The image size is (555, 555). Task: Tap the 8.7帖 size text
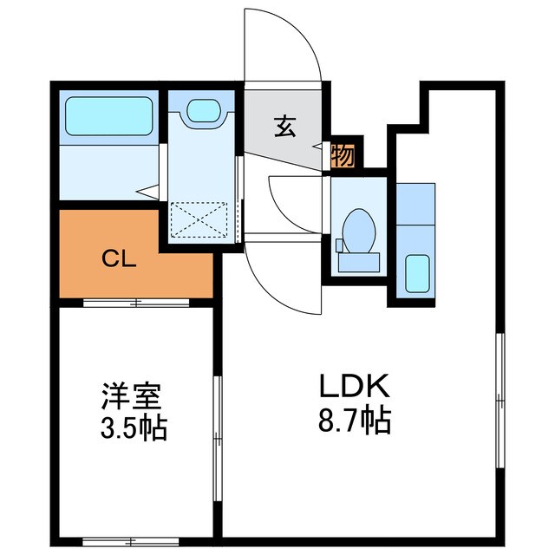point(347,421)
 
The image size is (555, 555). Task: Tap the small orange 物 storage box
point(343,156)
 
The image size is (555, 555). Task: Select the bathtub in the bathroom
point(108,115)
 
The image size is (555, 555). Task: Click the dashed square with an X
point(200,219)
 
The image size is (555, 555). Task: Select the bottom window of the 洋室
point(130,540)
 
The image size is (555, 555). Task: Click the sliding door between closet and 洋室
point(136,303)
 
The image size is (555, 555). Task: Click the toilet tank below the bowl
point(356,258)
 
